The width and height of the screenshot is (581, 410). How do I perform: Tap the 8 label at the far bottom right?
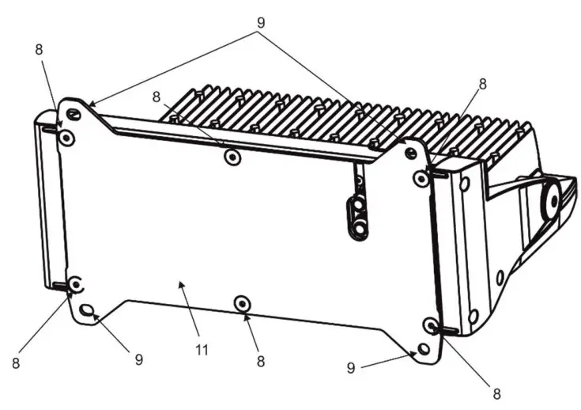497,392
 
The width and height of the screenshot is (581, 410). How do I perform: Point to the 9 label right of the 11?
351,368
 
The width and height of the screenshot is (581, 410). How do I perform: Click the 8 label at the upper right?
482,83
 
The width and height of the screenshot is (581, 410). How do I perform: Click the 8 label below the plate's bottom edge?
260,361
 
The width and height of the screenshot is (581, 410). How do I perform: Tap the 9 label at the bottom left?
139,359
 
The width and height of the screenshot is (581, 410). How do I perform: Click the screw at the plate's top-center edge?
232,157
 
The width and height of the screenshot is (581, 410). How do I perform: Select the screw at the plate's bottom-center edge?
243,303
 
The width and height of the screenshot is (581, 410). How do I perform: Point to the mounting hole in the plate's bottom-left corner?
87,309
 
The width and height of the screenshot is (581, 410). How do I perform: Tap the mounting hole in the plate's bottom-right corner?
424,348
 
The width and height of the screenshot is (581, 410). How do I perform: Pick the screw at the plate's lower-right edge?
431,325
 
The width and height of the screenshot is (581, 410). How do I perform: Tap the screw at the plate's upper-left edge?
68,139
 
